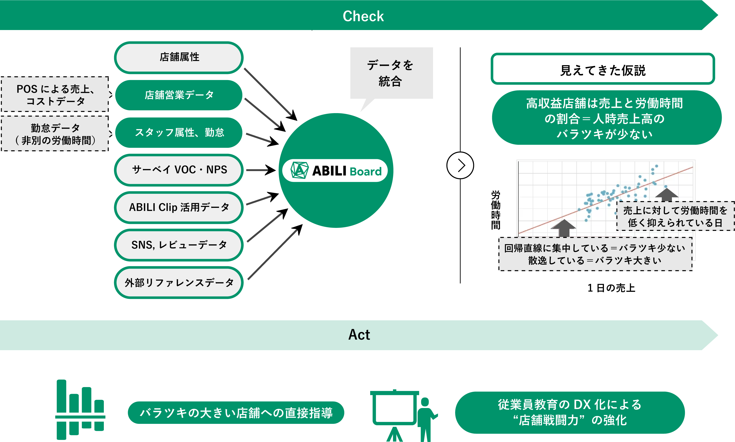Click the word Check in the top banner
[x=363, y=16]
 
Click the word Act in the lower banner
[x=359, y=335]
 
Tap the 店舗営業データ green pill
[x=179, y=95]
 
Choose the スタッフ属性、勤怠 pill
[x=179, y=132]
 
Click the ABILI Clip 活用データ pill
[x=179, y=208]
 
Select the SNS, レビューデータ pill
[x=179, y=245]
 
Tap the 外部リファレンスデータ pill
[x=179, y=283]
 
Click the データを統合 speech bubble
[x=391, y=73]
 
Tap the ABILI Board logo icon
[x=299, y=170]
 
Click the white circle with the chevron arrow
[x=460, y=165]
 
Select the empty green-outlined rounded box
[x=603, y=68]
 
